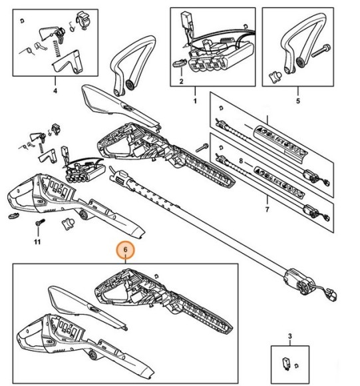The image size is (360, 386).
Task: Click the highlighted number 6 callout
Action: click(x=126, y=250)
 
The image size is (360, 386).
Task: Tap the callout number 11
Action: click(x=37, y=242)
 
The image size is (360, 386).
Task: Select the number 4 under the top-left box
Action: click(x=55, y=91)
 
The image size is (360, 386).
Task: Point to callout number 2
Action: click(x=182, y=81)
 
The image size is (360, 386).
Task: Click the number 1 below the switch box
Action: click(x=195, y=100)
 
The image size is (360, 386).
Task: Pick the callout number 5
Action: click(x=298, y=100)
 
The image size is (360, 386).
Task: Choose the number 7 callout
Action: click(x=267, y=210)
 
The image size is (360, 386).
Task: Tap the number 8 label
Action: click(x=241, y=161)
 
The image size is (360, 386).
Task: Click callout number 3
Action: click(x=290, y=336)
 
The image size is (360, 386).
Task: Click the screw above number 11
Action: click(x=40, y=222)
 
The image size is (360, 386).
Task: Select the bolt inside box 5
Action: click(x=321, y=51)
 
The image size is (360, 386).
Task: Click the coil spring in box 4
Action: click(x=57, y=48)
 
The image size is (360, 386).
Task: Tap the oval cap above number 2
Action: click(x=179, y=63)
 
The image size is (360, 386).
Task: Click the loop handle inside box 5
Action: click(x=299, y=44)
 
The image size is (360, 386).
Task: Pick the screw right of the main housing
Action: click(x=202, y=148)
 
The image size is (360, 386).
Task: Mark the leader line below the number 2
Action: click(x=181, y=71)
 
